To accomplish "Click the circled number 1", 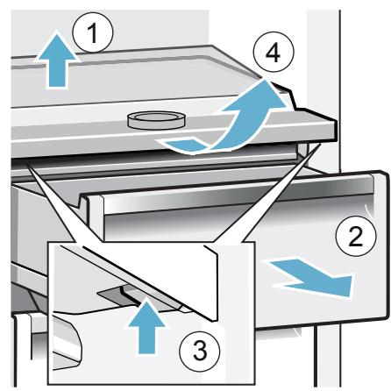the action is click(x=93, y=33).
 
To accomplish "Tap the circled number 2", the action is click(x=356, y=236).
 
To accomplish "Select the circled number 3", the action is click(x=200, y=351).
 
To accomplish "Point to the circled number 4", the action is click(x=273, y=53).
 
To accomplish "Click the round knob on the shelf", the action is click(x=156, y=120).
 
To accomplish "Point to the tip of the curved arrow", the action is click(x=266, y=79).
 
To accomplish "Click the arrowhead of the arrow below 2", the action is click(x=340, y=285).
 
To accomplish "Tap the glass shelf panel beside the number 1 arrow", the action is click(x=117, y=79).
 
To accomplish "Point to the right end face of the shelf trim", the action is click(x=335, y=130).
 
